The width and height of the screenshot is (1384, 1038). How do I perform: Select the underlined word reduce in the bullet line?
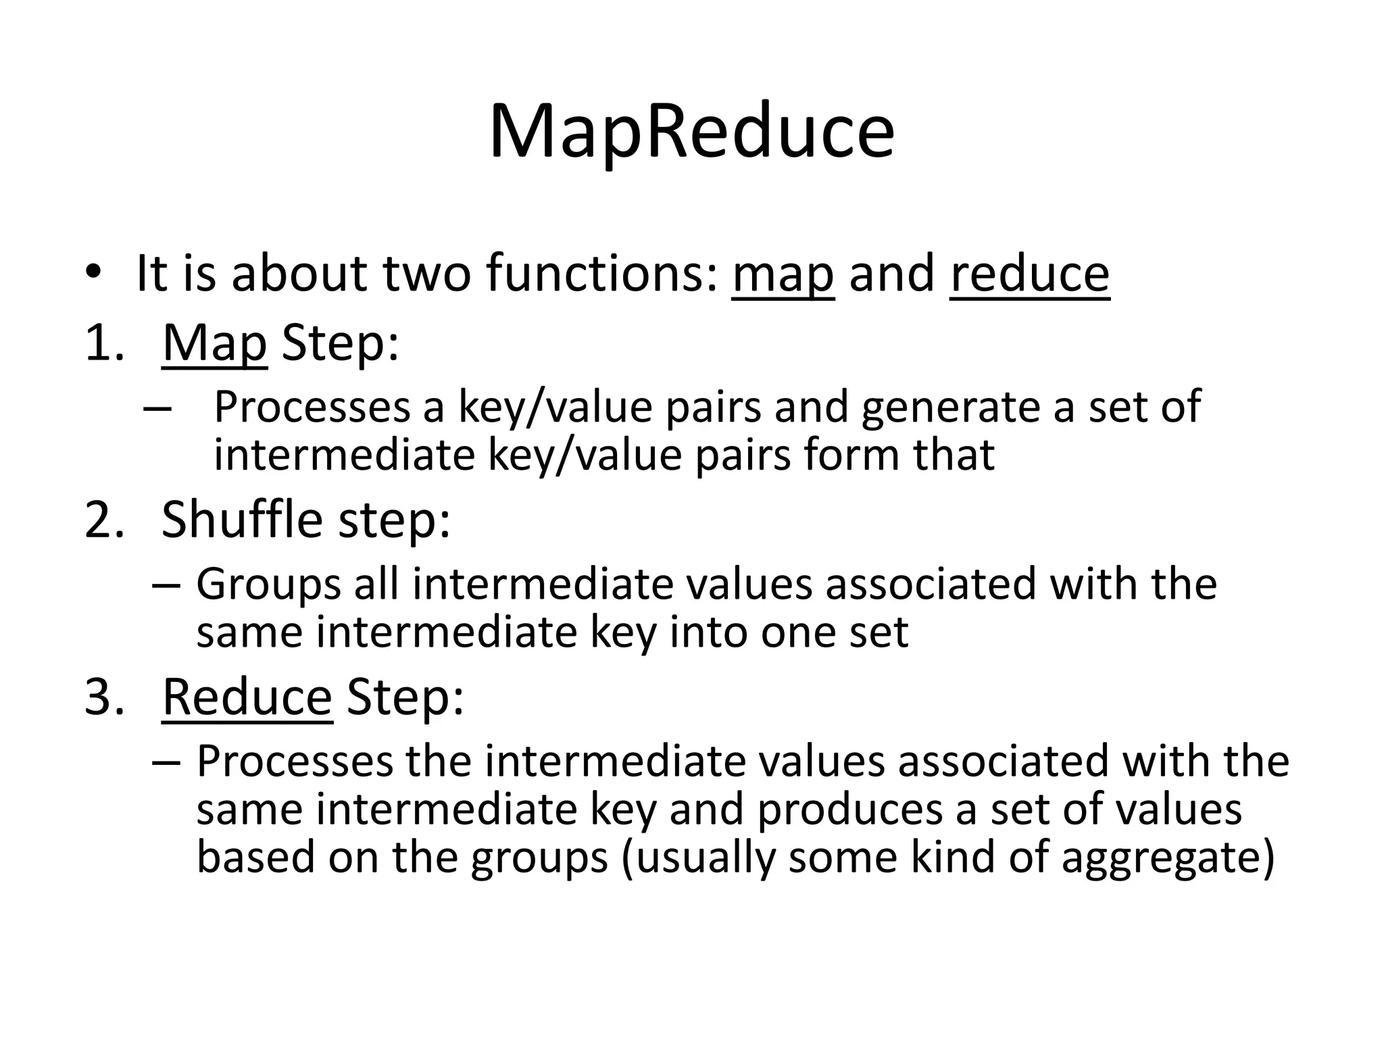1029,274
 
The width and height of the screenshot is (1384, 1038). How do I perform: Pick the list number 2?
104,520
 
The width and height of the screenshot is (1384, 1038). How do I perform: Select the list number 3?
104,697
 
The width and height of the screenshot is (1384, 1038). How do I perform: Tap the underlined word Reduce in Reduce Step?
247,697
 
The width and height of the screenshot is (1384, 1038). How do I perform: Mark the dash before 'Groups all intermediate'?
166,584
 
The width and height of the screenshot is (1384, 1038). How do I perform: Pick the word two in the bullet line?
426,274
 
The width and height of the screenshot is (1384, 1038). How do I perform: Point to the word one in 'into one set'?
801,633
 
